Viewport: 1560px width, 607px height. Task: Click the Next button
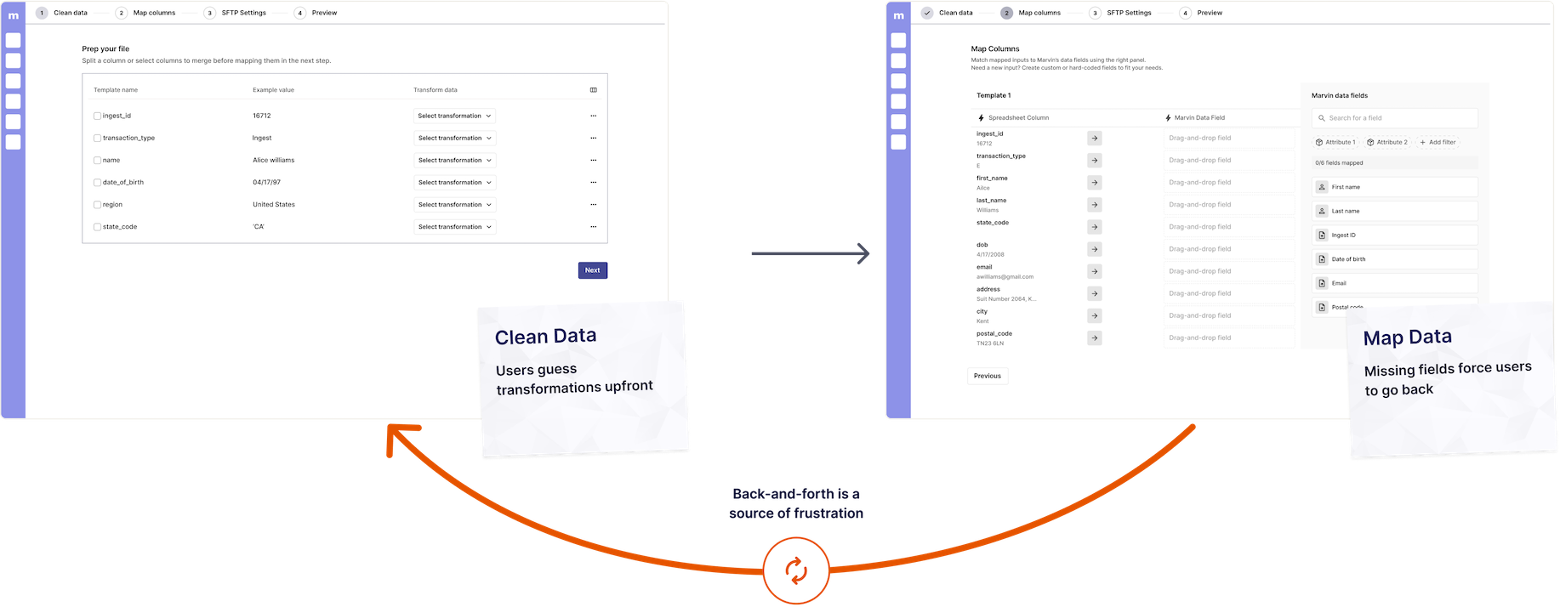click(592, 270)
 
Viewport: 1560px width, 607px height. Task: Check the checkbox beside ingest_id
click(97, 116)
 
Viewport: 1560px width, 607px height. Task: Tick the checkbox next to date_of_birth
click(97, 183)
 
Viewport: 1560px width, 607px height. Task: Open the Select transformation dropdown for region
click(455, 205)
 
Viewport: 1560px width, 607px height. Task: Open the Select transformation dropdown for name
click(455, 160)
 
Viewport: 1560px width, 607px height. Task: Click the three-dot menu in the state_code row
click(593, 227)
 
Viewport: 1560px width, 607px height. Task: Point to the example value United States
click(274, 205)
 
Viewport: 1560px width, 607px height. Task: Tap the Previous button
click(987, 376)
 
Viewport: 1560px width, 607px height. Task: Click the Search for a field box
click(1394, 118)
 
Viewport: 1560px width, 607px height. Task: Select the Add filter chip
click(1438, 142)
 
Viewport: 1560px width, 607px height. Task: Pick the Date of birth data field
click(1394, 259)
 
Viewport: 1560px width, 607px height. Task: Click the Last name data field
click(1394, 211)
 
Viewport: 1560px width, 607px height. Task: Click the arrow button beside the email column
click(1094, 271)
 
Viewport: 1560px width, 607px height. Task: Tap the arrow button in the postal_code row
click(1094, 338)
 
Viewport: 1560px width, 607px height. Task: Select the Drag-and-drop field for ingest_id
click(1228, 138)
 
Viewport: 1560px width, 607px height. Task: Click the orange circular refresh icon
click(796, 570)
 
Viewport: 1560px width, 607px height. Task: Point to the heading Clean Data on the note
click(545, 337)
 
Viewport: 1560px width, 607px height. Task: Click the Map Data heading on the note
click(1407, 338)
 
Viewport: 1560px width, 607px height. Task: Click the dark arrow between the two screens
click(811, 253)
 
